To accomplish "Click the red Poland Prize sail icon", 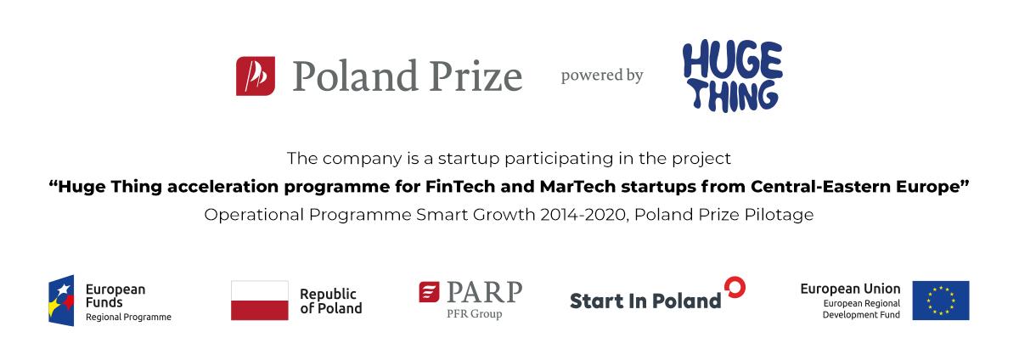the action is [256, 76].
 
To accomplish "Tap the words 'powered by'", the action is [602, 76].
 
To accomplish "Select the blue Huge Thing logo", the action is [732, 76].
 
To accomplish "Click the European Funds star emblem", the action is [61, 301].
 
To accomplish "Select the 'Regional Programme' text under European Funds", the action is [128, 318].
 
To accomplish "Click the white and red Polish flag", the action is [259, 301].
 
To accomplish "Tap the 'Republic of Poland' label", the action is [330, 301].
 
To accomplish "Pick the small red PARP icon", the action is [429, 292].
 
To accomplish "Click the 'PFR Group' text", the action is [475, 313].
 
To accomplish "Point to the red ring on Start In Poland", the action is [735, 287].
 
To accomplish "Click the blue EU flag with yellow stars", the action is [941, 301].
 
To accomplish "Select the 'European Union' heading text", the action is [850, 289].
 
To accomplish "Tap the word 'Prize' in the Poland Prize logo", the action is [476, 76].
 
